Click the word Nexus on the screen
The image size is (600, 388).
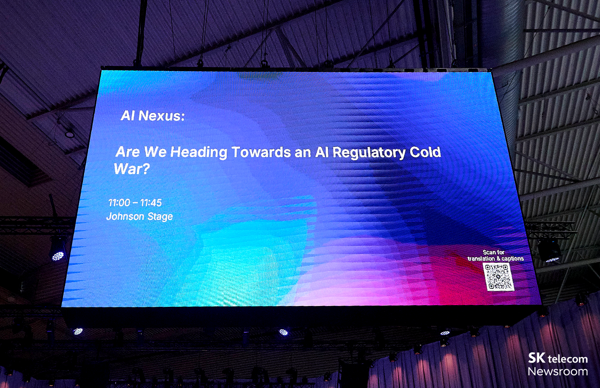click(x=162, y=116)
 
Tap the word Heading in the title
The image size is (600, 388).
click(x=199, y=152)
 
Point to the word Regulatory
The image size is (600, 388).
click(x=369, y=153)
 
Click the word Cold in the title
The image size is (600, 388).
click(x=425, y=152)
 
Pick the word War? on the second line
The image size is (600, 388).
click(x=131, y=169)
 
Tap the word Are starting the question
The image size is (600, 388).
click(x=127, y=152)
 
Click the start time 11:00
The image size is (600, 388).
click(x=119, y=203)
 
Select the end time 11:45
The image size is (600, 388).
click(x=151, y=203)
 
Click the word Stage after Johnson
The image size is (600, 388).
click(x=160, y=217)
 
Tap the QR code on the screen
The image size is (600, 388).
click(x=498, y=277)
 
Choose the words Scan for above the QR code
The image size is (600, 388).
click(x=494, y=252)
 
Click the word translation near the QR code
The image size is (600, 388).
click(x=481, y=259)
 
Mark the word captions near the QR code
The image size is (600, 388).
click(x=513, y=259)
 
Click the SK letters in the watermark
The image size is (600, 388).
click(x=537, y=358)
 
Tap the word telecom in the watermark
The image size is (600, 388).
click(x=567, y=359)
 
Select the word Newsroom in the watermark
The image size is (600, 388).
click(x=557, y=371)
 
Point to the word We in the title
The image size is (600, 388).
click(x=155, y=152)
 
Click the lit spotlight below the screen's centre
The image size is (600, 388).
click(x=283, y=332)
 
